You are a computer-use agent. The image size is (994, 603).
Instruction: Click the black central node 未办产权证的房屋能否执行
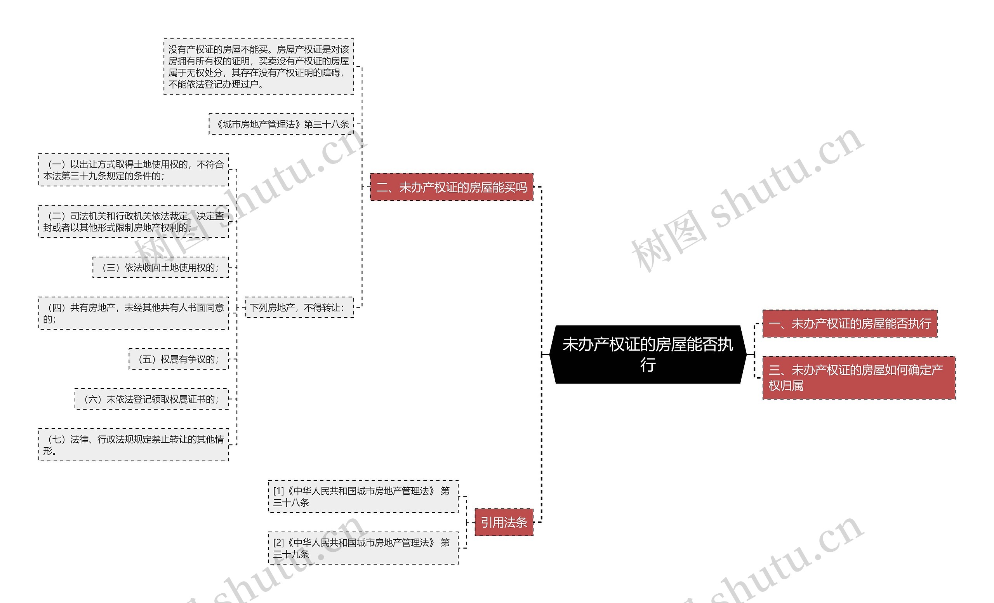[648, 354]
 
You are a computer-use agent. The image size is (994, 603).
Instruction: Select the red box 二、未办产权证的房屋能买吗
[452, 187]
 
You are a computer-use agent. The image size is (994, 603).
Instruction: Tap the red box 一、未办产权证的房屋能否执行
[849, 323]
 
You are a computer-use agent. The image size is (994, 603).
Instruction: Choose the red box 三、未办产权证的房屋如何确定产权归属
[858, 377]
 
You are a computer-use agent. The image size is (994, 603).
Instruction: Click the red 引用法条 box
[504, 522]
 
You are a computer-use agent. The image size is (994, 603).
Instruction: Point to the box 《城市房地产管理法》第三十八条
[282, 124]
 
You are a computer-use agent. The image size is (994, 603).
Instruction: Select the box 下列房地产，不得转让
[299, 308]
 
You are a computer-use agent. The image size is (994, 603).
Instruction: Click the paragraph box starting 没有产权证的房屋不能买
[259, 67]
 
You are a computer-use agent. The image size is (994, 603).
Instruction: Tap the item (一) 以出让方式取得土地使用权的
[134, 170]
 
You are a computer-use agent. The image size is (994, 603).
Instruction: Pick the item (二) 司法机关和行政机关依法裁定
[134, 221]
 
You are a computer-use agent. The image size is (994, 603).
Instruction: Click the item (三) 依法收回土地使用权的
[161, 268]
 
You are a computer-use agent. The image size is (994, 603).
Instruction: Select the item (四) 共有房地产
[134, 313]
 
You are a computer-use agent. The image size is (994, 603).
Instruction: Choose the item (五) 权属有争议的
[178, 359]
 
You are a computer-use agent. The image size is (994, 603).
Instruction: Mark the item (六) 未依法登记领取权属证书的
[151, 399]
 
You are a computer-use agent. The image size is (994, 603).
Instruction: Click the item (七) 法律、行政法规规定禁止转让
[134, 445]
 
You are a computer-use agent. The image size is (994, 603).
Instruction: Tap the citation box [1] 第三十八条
[363, 497]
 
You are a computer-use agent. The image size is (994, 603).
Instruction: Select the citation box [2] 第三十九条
[363, 548]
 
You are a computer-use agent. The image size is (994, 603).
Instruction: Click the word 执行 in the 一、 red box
[919, 323]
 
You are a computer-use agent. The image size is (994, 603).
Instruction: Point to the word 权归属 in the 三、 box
[785, 386]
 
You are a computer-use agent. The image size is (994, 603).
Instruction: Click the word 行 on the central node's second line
[648, 365]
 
